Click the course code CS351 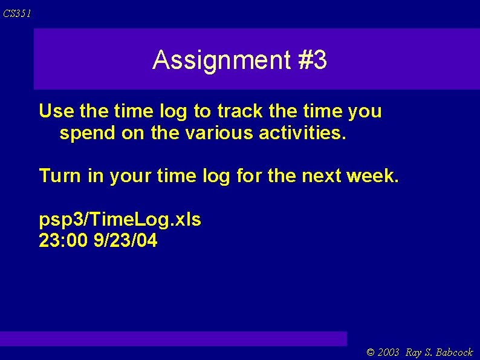pyautogui.click(x=17, y=13)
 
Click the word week pyautogui.click(x=373, y=176)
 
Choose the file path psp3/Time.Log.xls pyautogui.click(x=120, y=220)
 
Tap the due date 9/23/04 pyautogui.click(x=126, y=241)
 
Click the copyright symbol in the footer pyautogui.click(x=371, y=352)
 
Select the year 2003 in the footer pyautogui.click(x=389, y=352)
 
